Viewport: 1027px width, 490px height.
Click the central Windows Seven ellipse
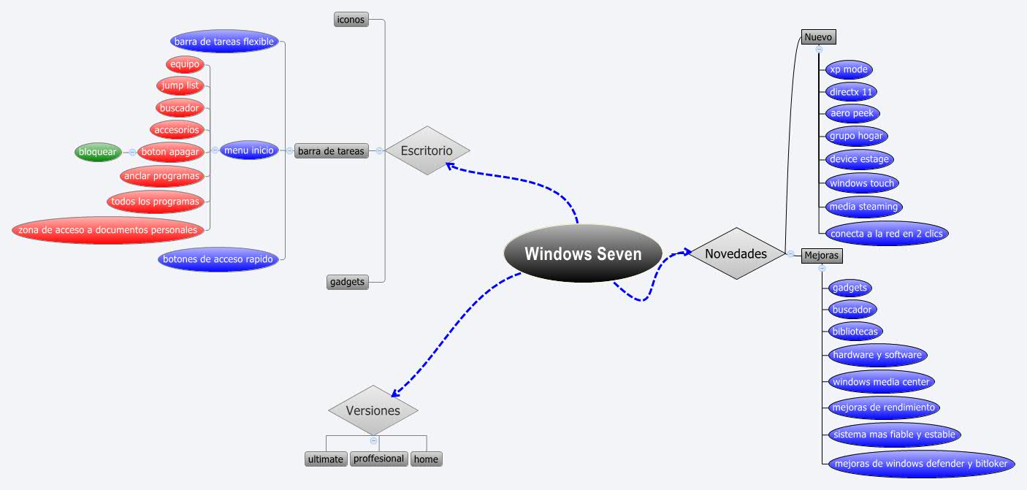pos(583,254)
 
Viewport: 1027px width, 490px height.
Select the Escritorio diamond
pos(427,151)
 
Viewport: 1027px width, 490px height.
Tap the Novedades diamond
pos(736,254)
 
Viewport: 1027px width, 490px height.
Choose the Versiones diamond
pos(373,410)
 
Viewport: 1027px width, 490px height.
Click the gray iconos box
pos(351,20)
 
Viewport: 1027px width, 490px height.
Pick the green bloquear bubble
pos(98,152)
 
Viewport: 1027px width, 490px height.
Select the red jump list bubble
pos(180,85)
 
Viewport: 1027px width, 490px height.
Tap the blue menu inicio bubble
pos(249,150)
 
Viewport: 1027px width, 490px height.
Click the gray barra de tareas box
pos(331,151)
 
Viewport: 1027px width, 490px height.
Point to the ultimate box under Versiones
pos(325,459)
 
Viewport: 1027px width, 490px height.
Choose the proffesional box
pos(378,459)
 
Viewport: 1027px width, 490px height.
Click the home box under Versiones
pos(426,459)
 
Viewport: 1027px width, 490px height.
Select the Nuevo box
pos(818,37)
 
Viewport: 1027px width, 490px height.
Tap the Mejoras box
pos(821,256)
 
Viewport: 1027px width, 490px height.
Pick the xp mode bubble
pos(849,70)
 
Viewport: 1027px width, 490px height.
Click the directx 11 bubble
pos(851,92)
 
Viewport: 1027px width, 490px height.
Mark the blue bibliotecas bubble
pos(855,332)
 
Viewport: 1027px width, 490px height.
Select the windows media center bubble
pos(881,381)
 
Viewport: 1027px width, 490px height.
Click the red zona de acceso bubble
pos(108,230)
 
